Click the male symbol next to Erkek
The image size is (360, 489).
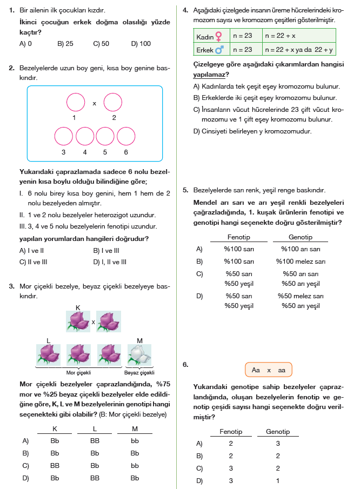pyautogui.click(x=219, y=50)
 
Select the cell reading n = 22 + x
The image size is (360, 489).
pyautogui.click(x=280, y=36)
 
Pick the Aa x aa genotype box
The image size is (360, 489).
pyautogui.click(x=269, y=370)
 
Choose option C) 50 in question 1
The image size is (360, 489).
pyautogui.click(x=101, y=44)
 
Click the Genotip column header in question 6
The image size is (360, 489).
pyautogui.click(x=278, y=432)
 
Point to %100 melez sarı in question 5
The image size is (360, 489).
pyautogui.click(x=301, y=261)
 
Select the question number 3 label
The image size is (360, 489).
pyautogui.click(x=11, y=286)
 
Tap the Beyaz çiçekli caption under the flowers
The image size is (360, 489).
pyautogui.click(x=139, y=373)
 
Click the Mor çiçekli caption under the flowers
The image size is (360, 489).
pyautogui.click(x=78, y=373)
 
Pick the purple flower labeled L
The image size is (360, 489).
pyautogui.click(x=50, y=354)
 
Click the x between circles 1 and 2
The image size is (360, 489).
pyautogui.click(x=94, y=103)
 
